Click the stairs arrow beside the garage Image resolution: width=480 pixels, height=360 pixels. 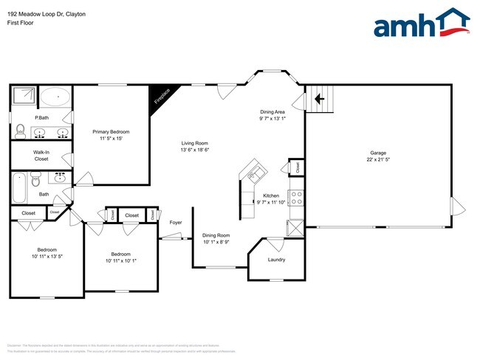pos(319,98)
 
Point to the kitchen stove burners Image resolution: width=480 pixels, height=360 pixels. pos(295,198)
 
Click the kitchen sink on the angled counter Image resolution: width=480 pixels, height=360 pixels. pos(256,174)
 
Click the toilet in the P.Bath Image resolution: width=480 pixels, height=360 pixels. pos(20,131)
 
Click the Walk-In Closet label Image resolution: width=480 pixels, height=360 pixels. pos(41,155)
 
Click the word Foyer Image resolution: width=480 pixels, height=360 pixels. pos(176,222)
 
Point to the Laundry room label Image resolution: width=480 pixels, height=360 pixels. pos(276,260)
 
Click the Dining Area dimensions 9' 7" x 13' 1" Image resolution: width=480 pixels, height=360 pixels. pos(272,118)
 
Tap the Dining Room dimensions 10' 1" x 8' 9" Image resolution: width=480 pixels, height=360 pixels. pos(216,241)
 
